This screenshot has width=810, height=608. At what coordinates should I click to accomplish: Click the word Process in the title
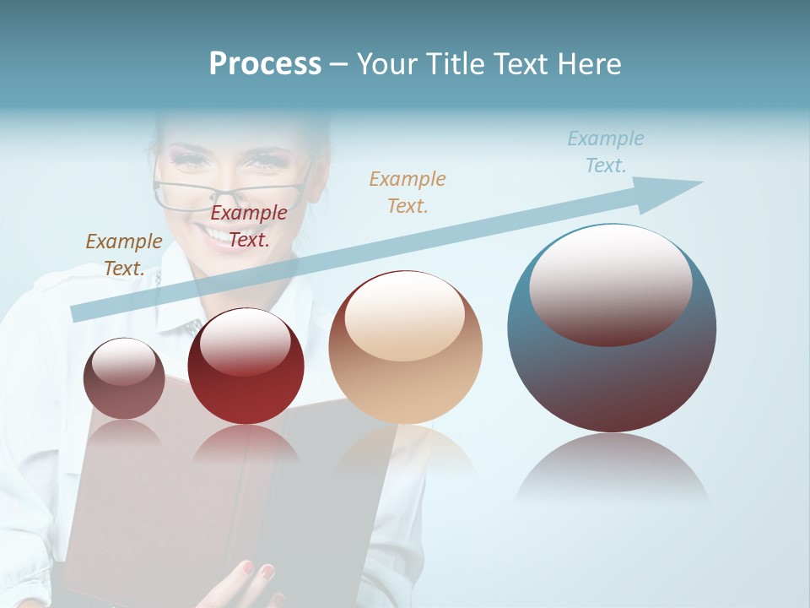265,64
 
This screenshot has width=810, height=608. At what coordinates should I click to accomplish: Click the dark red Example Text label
248,226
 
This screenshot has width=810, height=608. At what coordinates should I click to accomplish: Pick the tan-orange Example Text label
407,192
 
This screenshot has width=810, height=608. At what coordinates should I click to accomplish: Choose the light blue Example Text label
605,152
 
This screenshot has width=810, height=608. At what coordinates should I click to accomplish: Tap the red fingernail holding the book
268,572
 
